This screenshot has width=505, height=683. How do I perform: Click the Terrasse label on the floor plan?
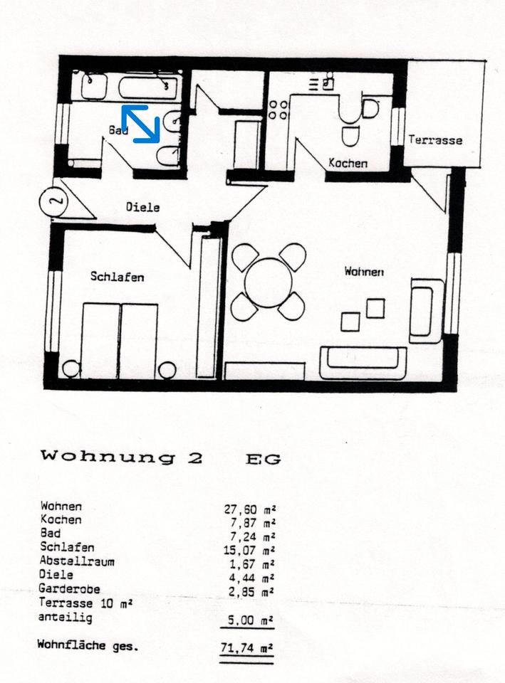[434, 140]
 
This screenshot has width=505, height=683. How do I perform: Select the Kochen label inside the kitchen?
[348, 163]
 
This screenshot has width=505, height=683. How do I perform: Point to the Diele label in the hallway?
[142, 208]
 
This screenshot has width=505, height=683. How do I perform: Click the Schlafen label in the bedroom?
[117, 276]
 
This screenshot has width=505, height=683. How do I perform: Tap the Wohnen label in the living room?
[364, 271]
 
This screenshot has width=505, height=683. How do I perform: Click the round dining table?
[269, 282]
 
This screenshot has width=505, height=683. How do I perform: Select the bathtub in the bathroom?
[148, 88]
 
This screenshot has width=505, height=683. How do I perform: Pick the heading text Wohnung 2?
[122, 457]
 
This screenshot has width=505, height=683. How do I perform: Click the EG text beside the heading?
[263, 459]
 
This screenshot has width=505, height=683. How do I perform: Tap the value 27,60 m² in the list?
[249, 509]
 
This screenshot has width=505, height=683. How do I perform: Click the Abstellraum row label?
[78, 561]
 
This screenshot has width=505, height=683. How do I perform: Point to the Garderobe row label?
[70, 589]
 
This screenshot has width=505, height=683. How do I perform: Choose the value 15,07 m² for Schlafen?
[249, 550]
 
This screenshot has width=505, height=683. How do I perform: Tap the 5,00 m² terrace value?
[249, 620]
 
